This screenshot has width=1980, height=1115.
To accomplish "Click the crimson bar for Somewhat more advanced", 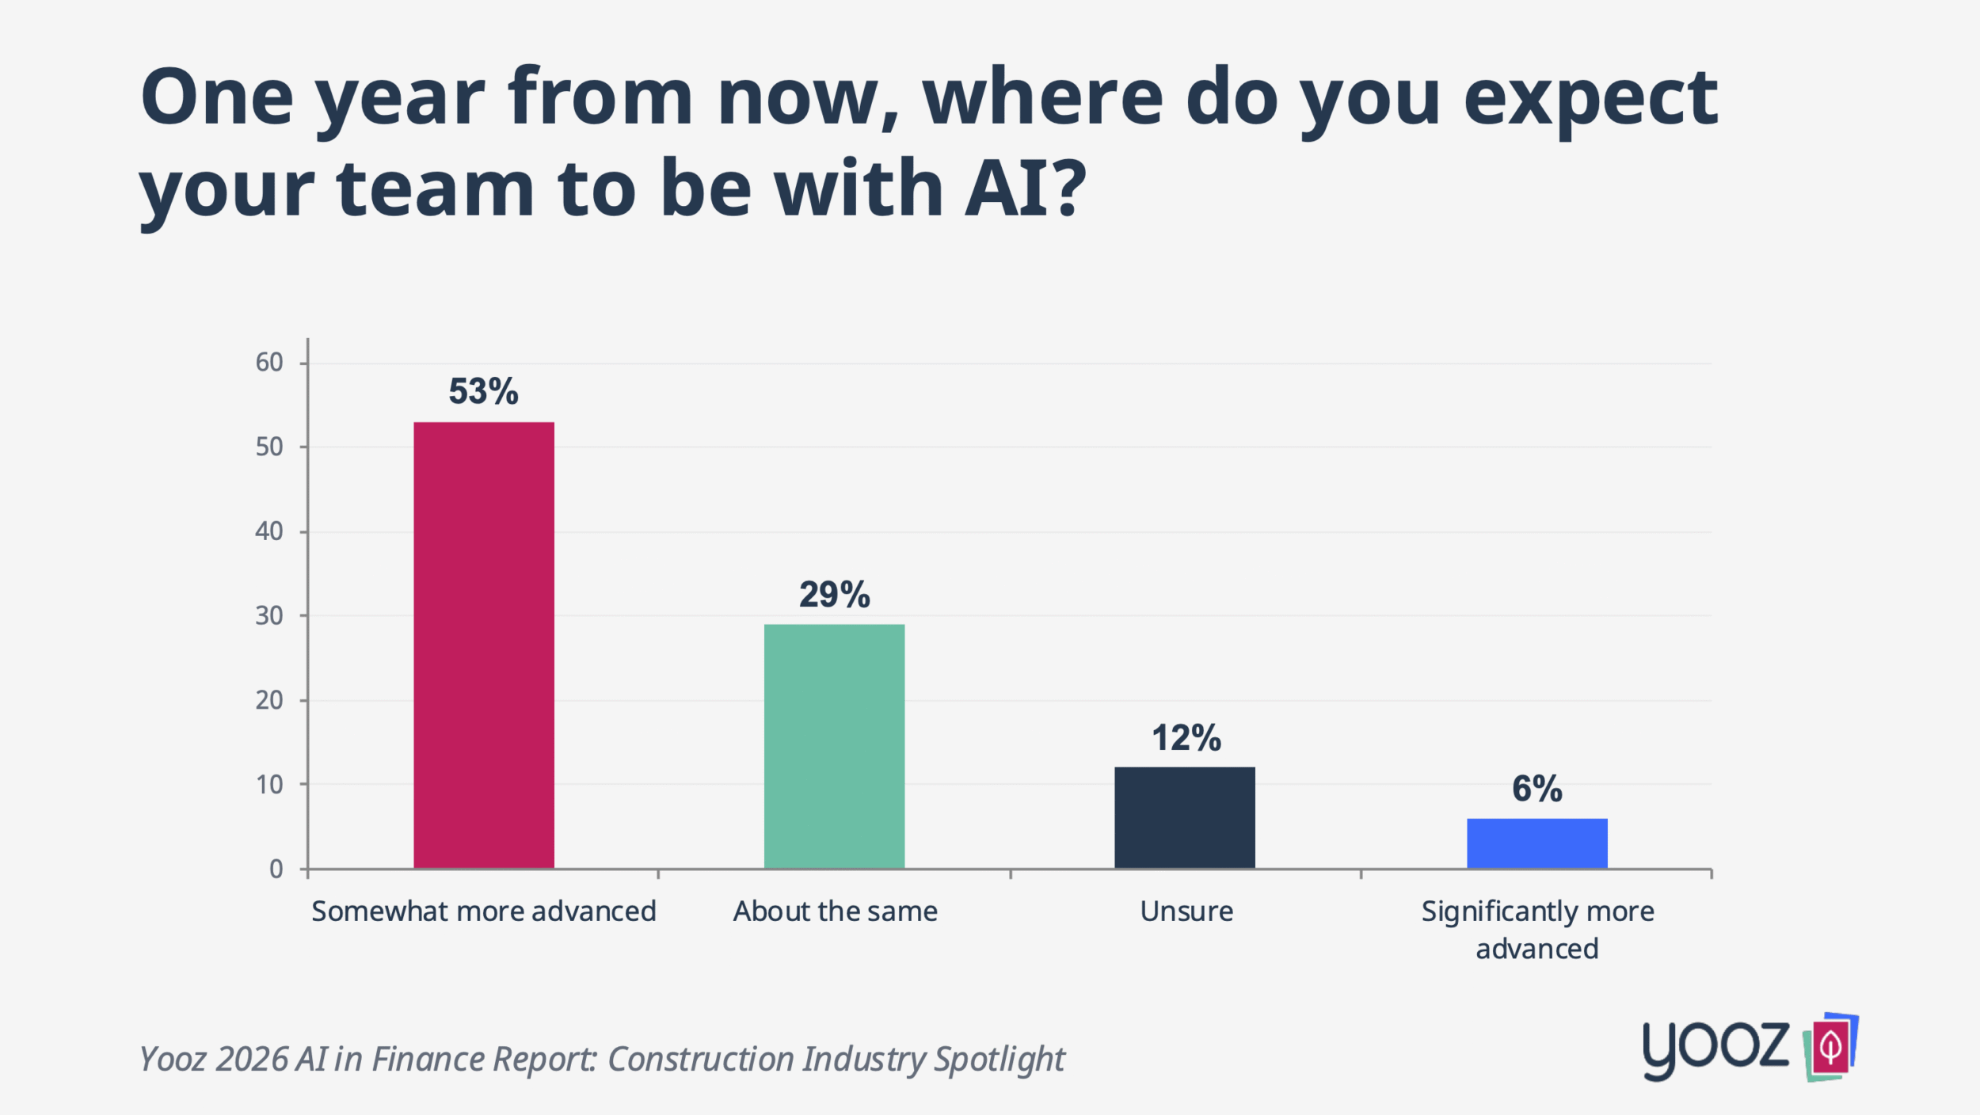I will (x=483, y=645).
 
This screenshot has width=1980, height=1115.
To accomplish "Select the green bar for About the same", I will (x=834, y=746).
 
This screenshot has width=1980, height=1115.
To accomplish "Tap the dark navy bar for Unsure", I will (x=1184, y=817).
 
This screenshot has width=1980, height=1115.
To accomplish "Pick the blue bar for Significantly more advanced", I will (x=1536, y=843).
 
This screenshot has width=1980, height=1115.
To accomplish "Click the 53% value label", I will (x=483, y=391).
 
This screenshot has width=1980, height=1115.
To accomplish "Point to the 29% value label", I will (x=834, y=595).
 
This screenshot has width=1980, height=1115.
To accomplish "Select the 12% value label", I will (x=1186, y=738).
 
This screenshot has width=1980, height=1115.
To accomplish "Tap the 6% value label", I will (x=1536, y=789).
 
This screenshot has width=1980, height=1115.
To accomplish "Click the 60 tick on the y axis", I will (x=269, y=363).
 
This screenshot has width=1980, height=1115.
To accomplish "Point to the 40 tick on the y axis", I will (x=269, y=531).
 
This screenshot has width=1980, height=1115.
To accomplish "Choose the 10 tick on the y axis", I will (x=269, y=785).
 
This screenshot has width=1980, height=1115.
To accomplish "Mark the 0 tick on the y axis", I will (x=276, y=870).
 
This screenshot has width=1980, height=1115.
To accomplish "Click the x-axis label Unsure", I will (x=1186, y=911).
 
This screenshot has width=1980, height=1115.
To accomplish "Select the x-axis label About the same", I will (x=835, y=911).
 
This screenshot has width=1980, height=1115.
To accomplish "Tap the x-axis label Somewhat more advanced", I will (x=483, y=911).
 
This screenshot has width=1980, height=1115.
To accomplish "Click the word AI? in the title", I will (x=1026, y=188).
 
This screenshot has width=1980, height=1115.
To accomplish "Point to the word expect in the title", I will (x=1590, y=98).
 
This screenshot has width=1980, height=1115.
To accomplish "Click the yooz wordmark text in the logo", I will (x=1715, y=1048).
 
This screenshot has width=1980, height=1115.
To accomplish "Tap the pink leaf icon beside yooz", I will (x=1831, y=1047).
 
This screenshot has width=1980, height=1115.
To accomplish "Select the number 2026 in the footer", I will (x=251, y=1060).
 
